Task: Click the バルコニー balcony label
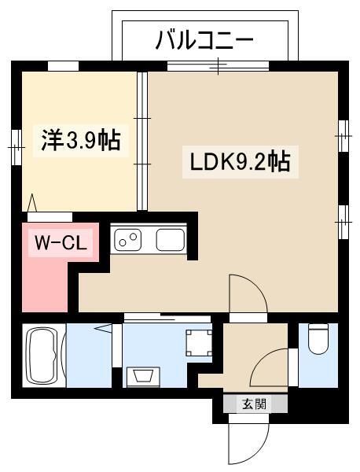[204, 41]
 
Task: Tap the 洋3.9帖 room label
[81, 140]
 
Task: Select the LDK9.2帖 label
[241, 162]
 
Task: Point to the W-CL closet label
[61, 242]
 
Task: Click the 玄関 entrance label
[255, 404]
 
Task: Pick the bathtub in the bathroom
[44, 356]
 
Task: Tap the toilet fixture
[318, 338]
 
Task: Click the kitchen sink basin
[171, 240]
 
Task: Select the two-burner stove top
[128, 240]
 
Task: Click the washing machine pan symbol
[199, 343]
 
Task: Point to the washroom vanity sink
[143, 376]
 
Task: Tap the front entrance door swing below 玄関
[248, 442]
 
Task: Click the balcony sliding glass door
[218, 66]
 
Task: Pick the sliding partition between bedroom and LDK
[142, 141]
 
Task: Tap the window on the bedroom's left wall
[17, 147]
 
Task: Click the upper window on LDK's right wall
[343, 136]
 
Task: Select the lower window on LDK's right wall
[343, 222]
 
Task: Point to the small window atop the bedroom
[63, 66]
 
